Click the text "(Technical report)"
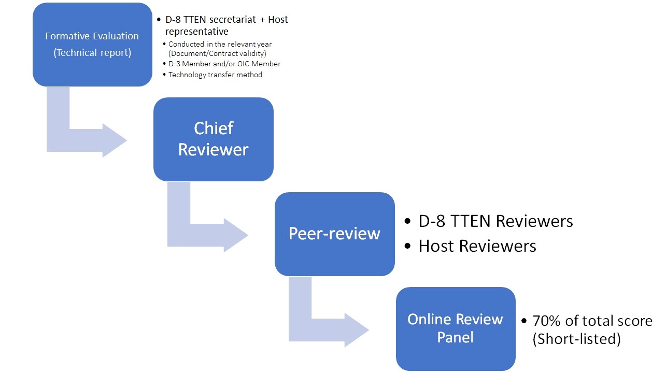coord(92,53)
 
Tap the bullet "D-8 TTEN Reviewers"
coord(495,221)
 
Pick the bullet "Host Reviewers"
coord(477,246)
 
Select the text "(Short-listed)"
coord(576,339)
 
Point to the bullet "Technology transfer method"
coord(215,75)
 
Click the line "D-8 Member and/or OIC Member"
coord(224,64)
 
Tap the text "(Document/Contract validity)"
coord(217,53)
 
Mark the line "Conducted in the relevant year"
coord(220,44)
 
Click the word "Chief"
coord(214,128)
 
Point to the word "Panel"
coord(456,338)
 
